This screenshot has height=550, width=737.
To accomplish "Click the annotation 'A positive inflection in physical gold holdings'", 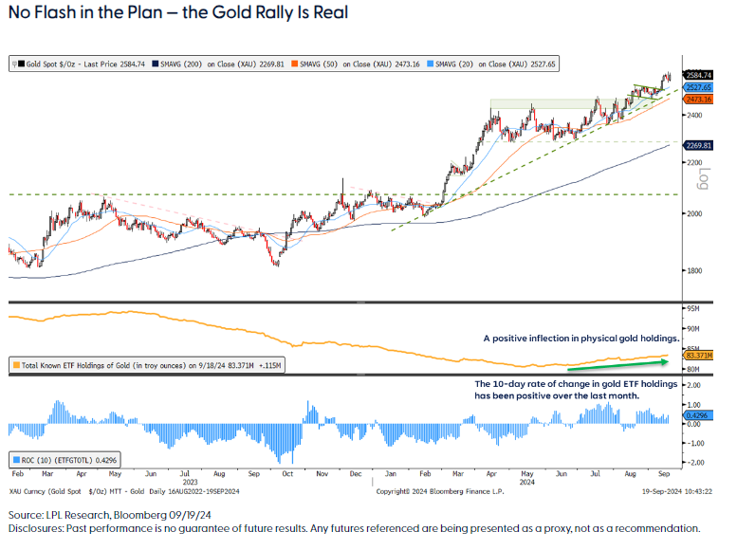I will coord(581,338).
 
